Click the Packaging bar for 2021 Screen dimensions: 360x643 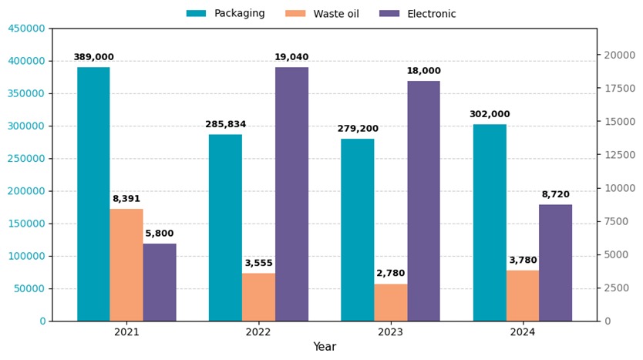(93, 193)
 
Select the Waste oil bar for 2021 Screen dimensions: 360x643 (126, 264)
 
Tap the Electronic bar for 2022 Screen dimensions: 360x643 (291, 193)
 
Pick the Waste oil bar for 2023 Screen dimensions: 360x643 (391, 302)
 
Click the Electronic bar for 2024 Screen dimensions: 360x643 (555, 262)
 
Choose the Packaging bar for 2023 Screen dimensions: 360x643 (358, 230)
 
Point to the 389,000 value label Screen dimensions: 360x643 (93, 58)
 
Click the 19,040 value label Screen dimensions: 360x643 (291, 58)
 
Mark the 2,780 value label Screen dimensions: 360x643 (391, 274)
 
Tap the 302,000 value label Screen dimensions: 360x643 (490, 115)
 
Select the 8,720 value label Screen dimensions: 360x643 (555, 195)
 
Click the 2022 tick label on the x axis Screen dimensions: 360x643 (258, 332)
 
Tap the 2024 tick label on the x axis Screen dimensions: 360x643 (523, 332)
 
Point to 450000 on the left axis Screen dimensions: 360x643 (26, 29)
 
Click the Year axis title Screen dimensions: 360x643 (325, 348)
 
